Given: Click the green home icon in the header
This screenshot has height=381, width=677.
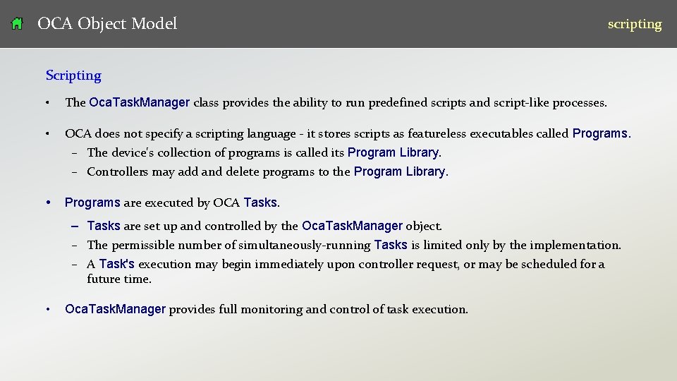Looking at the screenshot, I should click(x=18, y=24).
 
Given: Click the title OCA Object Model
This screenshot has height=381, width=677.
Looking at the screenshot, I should click(x=107, y=24).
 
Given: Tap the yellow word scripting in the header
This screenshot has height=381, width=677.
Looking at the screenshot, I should click(x=635, y=24).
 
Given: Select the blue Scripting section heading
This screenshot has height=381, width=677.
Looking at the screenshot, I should click(x=73, y=75).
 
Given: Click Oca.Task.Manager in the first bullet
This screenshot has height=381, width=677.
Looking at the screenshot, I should click(x=140, y=102).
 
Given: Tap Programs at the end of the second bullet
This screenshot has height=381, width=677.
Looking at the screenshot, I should click(x=601, y=133).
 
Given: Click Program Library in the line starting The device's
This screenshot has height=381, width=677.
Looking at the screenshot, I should click(x=394, y=152).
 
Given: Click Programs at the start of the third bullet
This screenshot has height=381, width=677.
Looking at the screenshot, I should click(x=92, y=202).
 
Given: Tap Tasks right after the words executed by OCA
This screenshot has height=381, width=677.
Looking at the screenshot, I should click(x=261, y=202).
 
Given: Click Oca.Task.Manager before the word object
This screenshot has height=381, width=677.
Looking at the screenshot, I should click(x=352, y=226).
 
